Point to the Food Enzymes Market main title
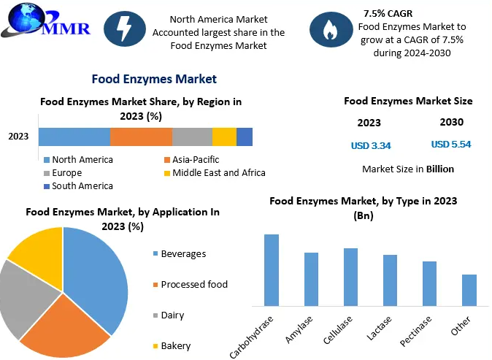pyautogui.click(x=154, y=79)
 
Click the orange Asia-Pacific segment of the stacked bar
pyautogui.click(x=141, y=137)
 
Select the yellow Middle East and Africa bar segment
pyautogui.click(x=224, y=137)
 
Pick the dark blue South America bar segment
pyautogui.click(x=245, y=137)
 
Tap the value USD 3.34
pyautogui.click(x=371, y=145)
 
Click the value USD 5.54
pyautogui.click(x=451, y=145)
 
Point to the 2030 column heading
pyautogui.click(x=451, y=122)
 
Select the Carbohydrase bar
pyautogui.click(x=272, y=269)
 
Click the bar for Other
pyautogui.click(x=469, y=290)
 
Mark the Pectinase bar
pyautogui.click(x=429, y=283)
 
